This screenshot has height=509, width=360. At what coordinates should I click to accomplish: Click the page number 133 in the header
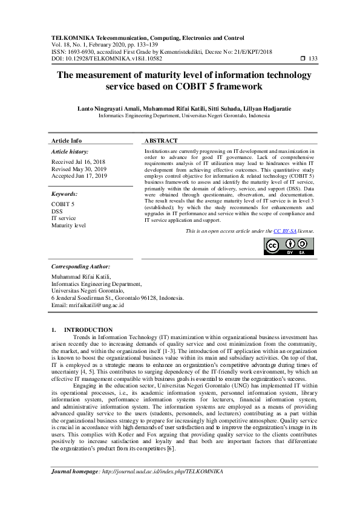point(313,59)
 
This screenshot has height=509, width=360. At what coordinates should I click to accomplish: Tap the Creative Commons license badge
point(288,246)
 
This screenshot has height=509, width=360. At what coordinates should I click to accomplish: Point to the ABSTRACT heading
point(162,140)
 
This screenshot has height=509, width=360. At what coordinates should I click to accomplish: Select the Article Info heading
point(67,140)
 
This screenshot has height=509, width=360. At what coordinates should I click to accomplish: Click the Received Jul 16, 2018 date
point(79,162)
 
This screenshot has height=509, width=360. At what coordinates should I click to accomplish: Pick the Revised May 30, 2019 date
point(79,169)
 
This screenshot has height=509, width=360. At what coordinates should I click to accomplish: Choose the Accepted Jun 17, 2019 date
point(79,176)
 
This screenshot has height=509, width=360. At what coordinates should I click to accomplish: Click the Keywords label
point(64,194)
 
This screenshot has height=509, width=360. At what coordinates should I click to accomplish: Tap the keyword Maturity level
point(69,225)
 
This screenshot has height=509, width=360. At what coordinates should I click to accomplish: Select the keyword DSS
point(57,212)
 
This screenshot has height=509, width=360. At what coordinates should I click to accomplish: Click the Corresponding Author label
point(80,266)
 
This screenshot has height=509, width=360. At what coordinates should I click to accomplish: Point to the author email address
point(88,305)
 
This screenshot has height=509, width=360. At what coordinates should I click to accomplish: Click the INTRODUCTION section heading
point(91,329)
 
